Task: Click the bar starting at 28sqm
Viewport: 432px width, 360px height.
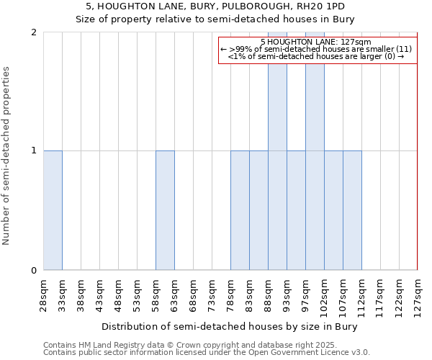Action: (x=53, y=210)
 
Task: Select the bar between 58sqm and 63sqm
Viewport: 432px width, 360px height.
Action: (x=165, y=210)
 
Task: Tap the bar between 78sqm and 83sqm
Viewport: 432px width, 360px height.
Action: (x=240, y=210)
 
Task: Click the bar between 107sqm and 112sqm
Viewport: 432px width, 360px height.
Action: (x=352, y=210)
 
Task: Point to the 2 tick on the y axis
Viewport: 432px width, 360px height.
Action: (x=34, y=32)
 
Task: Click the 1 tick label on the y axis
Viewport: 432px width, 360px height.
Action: (x=34, y=150)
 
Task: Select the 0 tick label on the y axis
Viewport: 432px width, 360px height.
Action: (x=34, y=271)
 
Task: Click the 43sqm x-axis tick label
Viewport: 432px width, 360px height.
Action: (x=99, y=293)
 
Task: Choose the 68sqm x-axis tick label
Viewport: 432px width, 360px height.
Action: (x=193, y=293)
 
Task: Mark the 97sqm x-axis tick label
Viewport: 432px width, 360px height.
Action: (x=305, y=293)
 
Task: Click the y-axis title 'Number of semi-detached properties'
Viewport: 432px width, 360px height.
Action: (x=7, y=156)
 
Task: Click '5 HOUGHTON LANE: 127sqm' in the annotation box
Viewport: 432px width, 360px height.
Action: (x=317, y=42)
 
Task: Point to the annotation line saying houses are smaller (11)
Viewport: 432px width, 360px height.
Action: (x=317, y=49)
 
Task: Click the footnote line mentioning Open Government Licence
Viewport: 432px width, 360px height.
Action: (x=207, y=353)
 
